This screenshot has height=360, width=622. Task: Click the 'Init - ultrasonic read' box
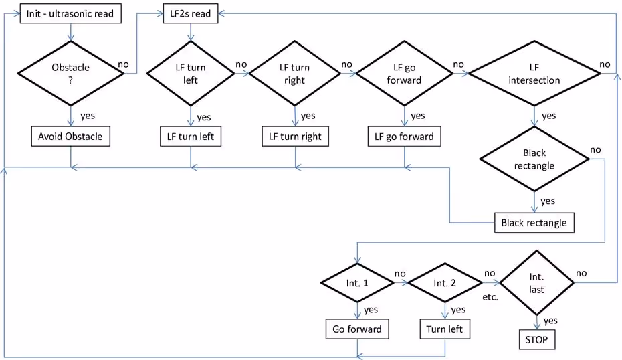[x=70, y=14]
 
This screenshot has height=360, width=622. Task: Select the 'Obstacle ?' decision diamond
[x=70, y=74]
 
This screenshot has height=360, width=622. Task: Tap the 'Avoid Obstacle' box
[x=70, y=137]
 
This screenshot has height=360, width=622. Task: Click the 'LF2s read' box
[x=192, y=14]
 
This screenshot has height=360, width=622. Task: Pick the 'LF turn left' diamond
[x=192, y=74]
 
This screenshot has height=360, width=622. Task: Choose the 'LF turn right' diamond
[x=294, y=74]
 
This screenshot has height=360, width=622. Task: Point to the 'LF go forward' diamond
[x=404, y=74]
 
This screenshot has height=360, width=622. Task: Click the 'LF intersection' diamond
[x=534, y=74]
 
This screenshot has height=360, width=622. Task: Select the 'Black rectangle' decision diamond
[x=534, y=159]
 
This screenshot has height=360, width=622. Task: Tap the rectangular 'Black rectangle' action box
[x=534, y=223]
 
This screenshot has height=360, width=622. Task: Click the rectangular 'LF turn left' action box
[x=192, y=137]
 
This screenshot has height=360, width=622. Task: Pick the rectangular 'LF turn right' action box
[x=294, y=137]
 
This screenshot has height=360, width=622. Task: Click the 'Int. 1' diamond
[x=356, y=283]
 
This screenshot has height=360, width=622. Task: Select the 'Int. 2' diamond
[x=444, y=283]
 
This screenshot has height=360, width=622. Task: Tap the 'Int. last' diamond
[x=536, y=283]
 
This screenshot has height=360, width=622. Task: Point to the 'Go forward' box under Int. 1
[x=356, y=329]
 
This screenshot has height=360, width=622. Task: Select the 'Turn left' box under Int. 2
[x=444, y=329]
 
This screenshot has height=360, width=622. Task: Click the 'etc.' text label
[x=490, y=296]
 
